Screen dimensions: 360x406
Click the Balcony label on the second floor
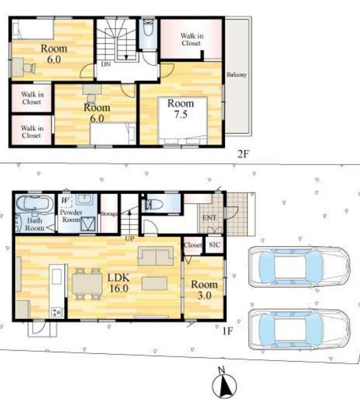237,75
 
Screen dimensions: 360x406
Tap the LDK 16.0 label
118,283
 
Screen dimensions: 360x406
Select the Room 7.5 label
180,109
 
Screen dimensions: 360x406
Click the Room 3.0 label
204,290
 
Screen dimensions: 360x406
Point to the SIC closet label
214,245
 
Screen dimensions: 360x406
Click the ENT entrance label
209,218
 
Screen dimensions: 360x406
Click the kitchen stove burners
58,312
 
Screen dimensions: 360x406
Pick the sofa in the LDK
156,256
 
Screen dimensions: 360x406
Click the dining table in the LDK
87,284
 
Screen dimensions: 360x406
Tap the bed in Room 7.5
182,121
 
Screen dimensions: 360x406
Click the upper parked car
299,267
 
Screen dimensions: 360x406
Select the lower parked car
299,329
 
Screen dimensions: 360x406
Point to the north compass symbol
224,386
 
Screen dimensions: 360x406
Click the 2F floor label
243,154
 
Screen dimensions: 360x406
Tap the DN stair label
106,64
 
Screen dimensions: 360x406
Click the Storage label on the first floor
109,214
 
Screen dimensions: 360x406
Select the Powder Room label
71,216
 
